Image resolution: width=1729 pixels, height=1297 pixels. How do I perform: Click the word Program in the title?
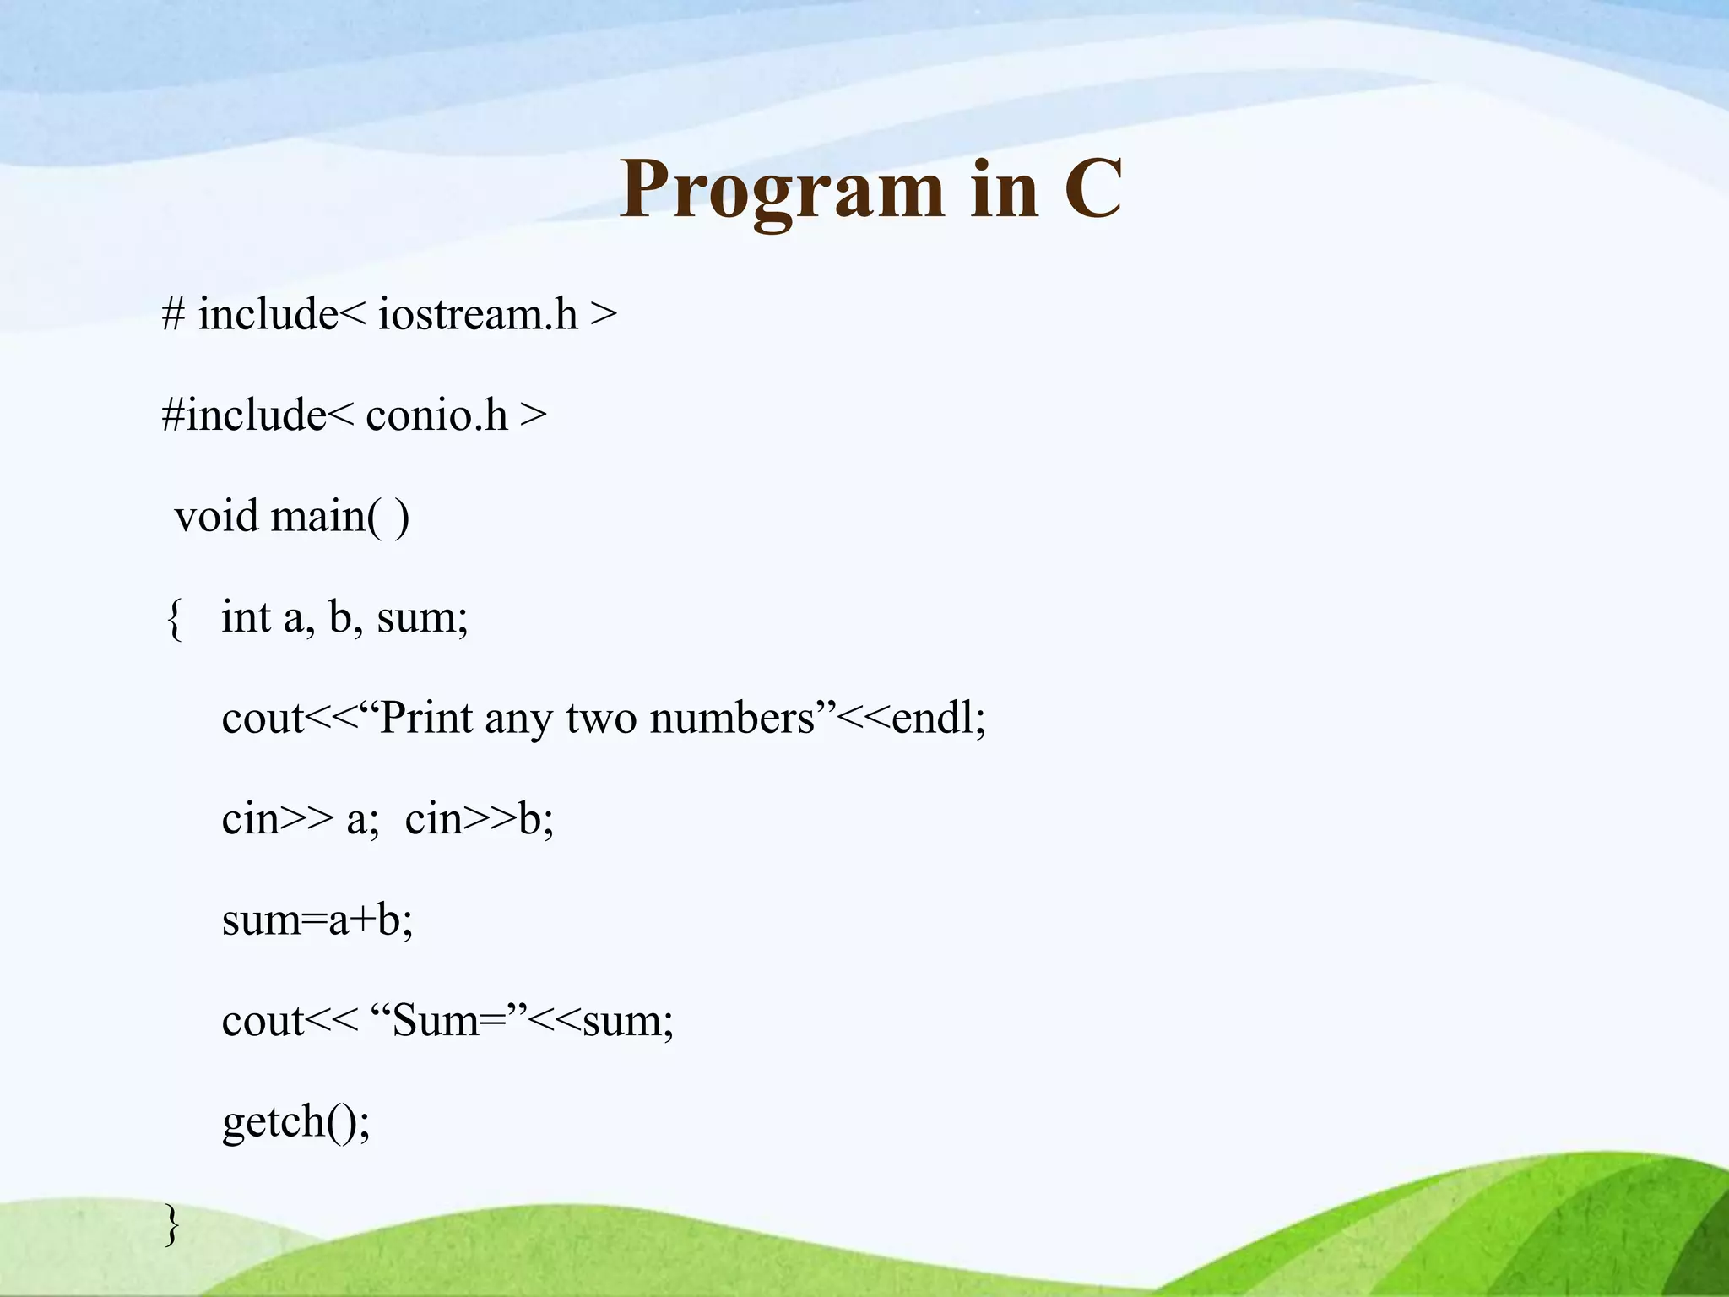point(781,191)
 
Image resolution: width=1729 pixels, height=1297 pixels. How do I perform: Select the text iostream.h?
point(478,314)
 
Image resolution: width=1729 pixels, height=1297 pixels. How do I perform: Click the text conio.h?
point(436,415)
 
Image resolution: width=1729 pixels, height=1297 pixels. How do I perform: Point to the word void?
point(216,516)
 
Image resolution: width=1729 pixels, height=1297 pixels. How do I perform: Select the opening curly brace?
point(174,619)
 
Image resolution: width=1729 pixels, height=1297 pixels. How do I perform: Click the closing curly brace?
point(172,1224)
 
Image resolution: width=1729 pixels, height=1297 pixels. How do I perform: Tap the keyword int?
point(246,617)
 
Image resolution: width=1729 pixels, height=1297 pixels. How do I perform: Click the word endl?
point(932,719)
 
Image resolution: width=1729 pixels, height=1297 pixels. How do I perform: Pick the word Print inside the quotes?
point(426,719)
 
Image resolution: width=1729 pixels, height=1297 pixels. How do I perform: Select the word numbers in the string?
point(732,719)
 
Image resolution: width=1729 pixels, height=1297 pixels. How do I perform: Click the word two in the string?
point(601,719)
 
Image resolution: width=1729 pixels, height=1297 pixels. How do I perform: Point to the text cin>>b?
point(479,819)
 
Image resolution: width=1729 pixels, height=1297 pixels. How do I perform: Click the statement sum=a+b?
point(317,920)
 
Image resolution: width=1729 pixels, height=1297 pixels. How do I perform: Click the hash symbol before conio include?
point(173,415)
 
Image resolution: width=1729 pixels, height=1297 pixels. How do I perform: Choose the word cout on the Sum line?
point(263,1021)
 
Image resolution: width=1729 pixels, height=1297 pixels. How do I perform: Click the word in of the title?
point(1004,191)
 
